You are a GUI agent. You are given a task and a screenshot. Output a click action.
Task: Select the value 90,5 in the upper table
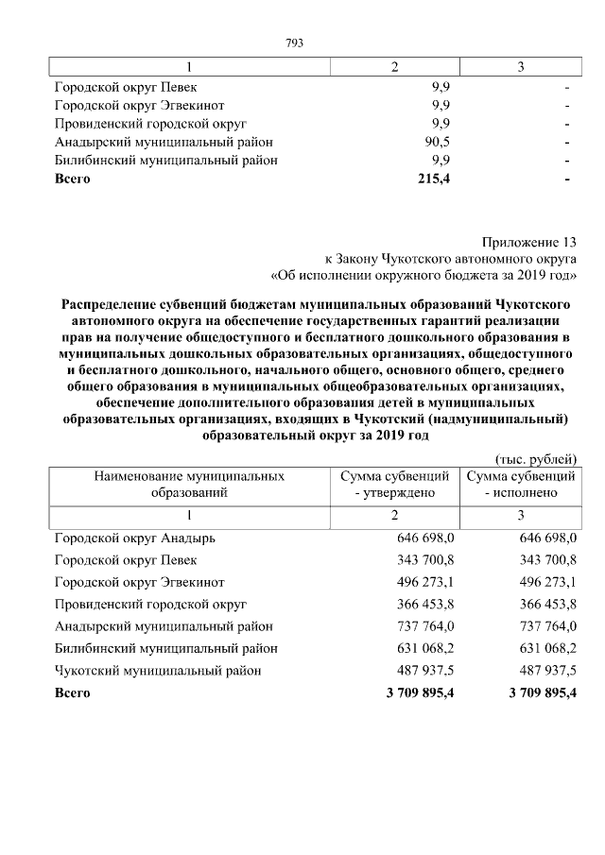437,142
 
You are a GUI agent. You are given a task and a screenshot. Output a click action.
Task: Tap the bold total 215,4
433,180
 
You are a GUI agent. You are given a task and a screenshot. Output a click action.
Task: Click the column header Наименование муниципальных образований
188,485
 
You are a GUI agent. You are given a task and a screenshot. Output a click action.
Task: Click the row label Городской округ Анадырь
135,539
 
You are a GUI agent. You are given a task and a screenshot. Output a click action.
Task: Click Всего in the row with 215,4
73,180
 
